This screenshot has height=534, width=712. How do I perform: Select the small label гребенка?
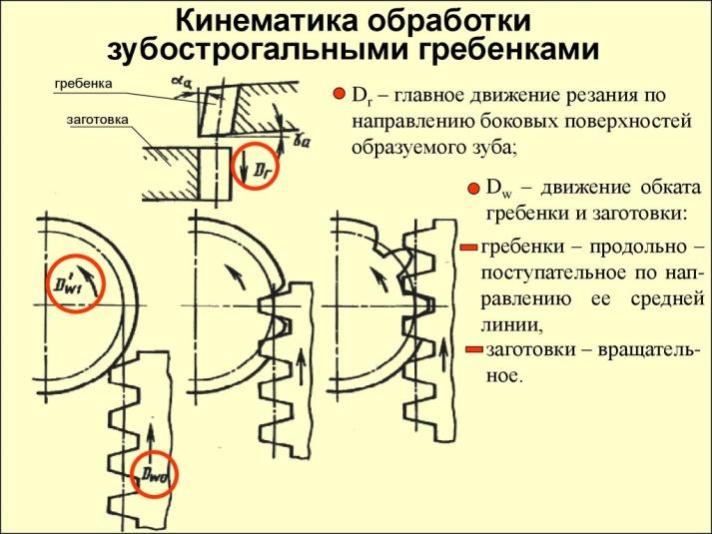(82, 83)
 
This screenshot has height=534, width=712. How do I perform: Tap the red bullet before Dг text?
(338, 96)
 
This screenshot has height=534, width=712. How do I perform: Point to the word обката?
(656, 188)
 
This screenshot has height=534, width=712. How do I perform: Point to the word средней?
(660, 298)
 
